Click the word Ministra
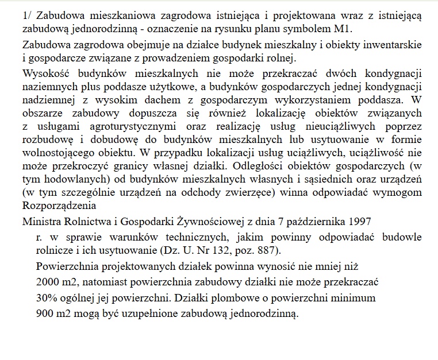pos(44,221)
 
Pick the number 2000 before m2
pos(47,284)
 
